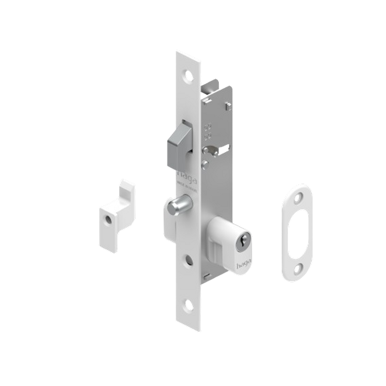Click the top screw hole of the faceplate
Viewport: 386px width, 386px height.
point(188,74)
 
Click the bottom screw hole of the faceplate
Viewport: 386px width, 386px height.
point(189,304)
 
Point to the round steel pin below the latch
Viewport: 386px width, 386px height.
point(178,205)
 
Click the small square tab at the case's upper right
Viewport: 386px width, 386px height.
point(228,105)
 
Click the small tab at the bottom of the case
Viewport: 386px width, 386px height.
point(208,275)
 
